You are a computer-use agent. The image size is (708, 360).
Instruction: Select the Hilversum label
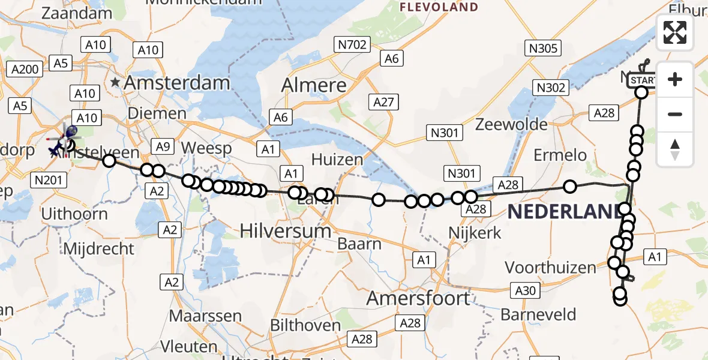point(285,230)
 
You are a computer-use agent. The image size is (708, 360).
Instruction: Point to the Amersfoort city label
point(418,298)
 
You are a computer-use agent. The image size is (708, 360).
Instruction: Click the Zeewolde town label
point(512,125)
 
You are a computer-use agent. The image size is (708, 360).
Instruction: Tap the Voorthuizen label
point(551,267)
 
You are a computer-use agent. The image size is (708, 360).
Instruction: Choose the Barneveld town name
point(538,314)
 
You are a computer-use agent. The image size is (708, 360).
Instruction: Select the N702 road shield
point(352,44)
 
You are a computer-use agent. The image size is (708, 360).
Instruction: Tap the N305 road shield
point(542,48)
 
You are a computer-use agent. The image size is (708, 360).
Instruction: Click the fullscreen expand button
point(675,32)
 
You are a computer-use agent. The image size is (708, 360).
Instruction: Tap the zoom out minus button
point(675,114)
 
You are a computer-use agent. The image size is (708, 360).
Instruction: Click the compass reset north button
point(675,149)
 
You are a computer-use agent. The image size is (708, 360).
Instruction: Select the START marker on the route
point(643,81)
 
